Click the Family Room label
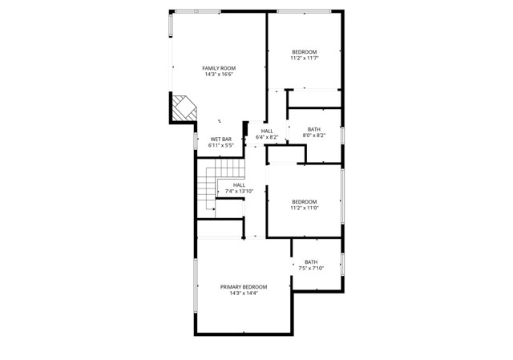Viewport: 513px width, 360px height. point(219,68)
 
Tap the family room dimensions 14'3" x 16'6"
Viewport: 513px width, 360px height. point(219,75)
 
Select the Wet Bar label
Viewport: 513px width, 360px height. point(221,140)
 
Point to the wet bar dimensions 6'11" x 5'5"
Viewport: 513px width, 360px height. point(221,146)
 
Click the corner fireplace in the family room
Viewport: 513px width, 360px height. point(184,108)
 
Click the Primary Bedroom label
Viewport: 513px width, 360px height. point(244,286)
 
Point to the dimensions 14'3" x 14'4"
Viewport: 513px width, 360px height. point(244,293)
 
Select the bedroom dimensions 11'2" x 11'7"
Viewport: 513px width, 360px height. point(305,58)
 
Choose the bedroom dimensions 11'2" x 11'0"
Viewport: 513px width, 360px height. point(305,208)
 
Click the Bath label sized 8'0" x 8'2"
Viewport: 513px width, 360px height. point(313,129)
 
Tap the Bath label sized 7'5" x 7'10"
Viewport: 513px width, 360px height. point(310,262)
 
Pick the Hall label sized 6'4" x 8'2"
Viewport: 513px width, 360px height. point(267,131)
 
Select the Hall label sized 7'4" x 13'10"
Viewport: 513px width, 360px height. point(239,184)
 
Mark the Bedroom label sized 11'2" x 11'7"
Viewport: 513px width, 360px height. point(305,51)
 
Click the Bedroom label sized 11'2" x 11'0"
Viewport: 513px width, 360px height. point(305,201)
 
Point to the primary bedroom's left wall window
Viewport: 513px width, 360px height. point(195,286)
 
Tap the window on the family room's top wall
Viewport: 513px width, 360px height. point(198,11)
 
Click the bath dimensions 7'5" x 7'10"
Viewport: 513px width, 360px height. point(310,269)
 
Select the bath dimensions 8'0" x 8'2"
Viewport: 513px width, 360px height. point(313,136)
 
